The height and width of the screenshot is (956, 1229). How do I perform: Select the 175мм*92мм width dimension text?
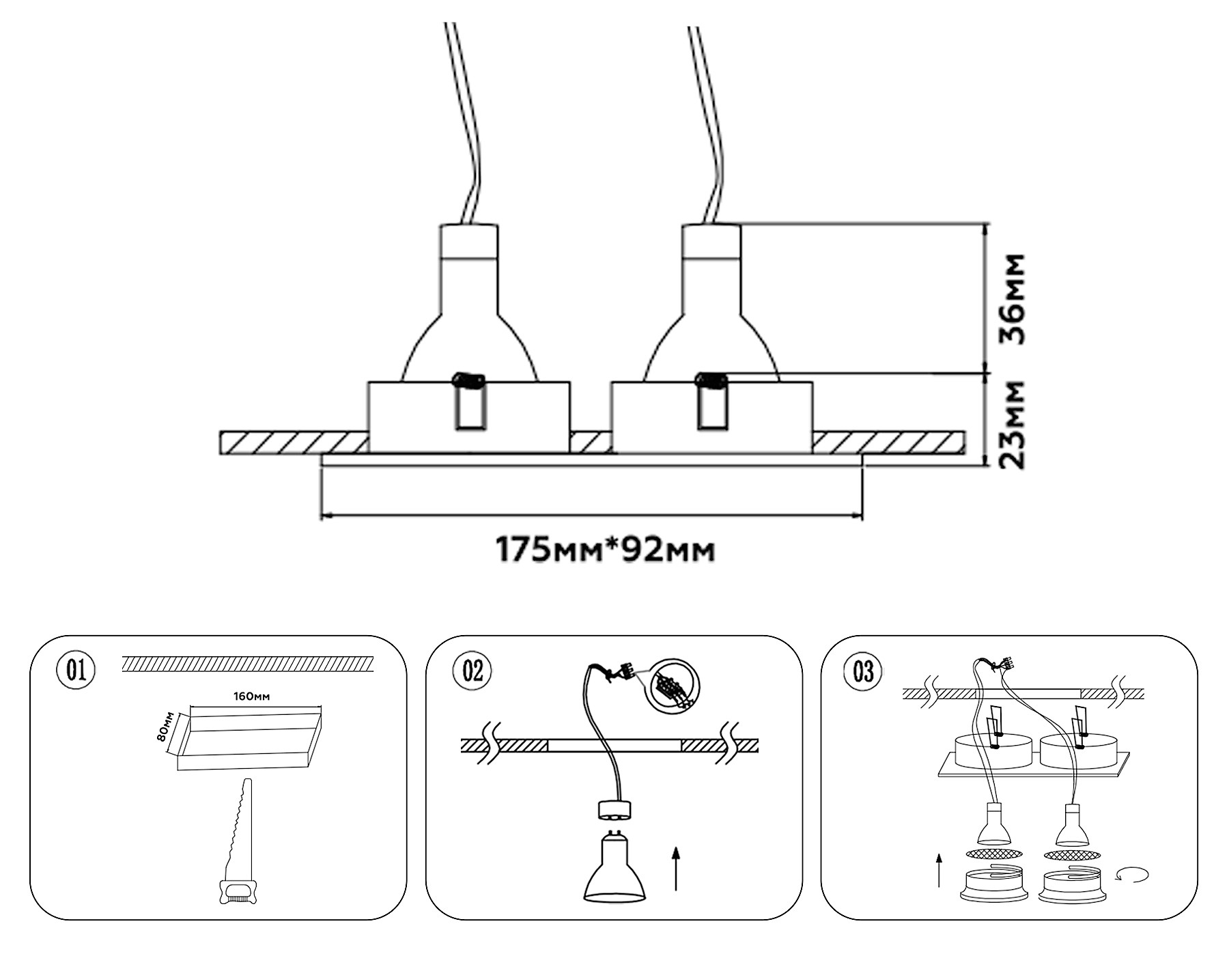click(605, 550)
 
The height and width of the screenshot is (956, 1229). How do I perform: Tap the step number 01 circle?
click(76, 670)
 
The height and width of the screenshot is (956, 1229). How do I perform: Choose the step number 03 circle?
click(863, 671)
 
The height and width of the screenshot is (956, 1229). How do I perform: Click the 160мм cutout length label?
click(251, 697)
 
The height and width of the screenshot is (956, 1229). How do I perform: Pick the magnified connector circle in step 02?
click(675, 687)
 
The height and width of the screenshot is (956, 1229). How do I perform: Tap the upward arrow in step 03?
click(940, 869)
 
